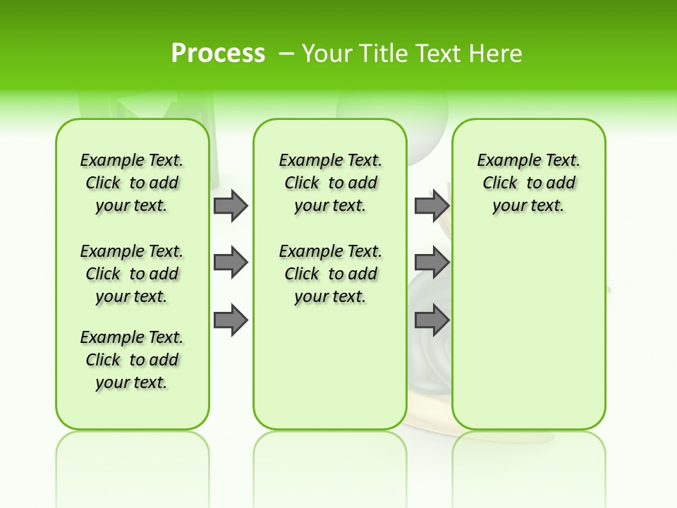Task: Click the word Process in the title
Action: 218,53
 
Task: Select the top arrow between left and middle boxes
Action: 231,205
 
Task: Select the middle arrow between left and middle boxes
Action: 231,263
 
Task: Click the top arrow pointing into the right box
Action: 432,205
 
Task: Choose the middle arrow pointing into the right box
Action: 432,263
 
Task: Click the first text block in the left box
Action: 132,183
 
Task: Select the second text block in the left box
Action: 132,274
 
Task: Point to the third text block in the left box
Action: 132,360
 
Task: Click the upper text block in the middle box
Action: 330,183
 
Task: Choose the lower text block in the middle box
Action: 330,274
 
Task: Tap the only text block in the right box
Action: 528,183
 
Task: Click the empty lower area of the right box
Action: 528,332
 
